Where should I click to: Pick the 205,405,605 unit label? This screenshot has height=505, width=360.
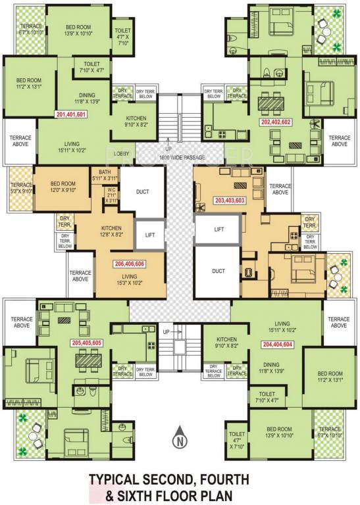[x=87, y=343]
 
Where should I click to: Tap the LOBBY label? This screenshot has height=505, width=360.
[x=140, y=154]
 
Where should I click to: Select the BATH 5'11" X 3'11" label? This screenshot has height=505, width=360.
[x=105, y=174]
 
